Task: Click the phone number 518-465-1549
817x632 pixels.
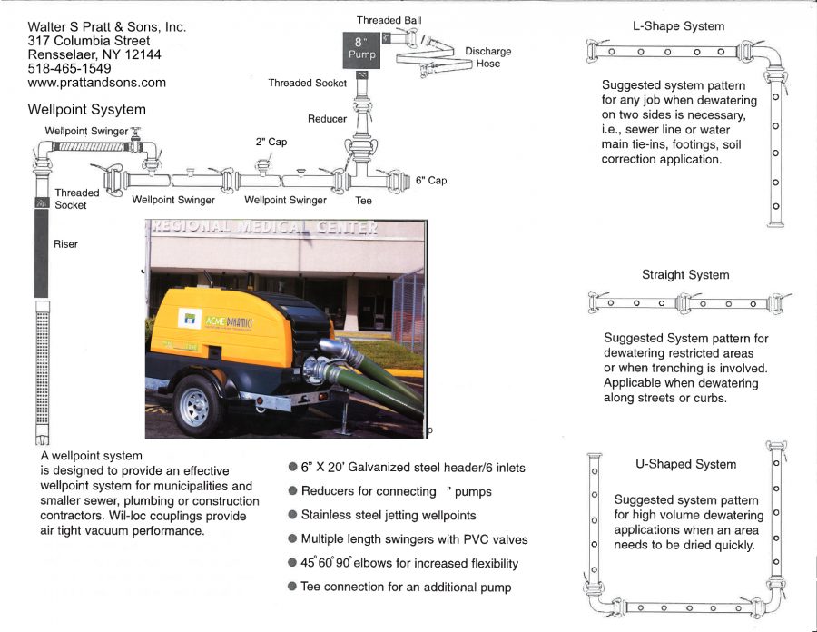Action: click(70, 68)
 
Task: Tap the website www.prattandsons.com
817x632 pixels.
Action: click(97, 83)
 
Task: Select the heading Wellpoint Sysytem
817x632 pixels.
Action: click(87, 110)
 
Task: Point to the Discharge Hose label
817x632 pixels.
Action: click(487, 57)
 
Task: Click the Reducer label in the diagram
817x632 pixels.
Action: click(327, 119)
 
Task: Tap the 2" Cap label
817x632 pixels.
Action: click(271, 142)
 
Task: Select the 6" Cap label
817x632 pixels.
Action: click(431, 181)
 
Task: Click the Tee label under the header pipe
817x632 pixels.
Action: click(363, 201)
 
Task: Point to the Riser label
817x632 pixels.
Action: click(66, 244)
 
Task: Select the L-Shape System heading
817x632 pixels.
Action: click(678, 26)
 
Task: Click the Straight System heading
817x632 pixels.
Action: click(685, 274)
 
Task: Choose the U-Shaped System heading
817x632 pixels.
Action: click(685, 464)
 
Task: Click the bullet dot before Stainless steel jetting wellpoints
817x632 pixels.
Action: click(292, 516)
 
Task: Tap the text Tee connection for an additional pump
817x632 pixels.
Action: click(406, 588)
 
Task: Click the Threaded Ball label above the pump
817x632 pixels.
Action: click(389, 20)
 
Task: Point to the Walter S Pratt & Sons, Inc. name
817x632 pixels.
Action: click(107, 26)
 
